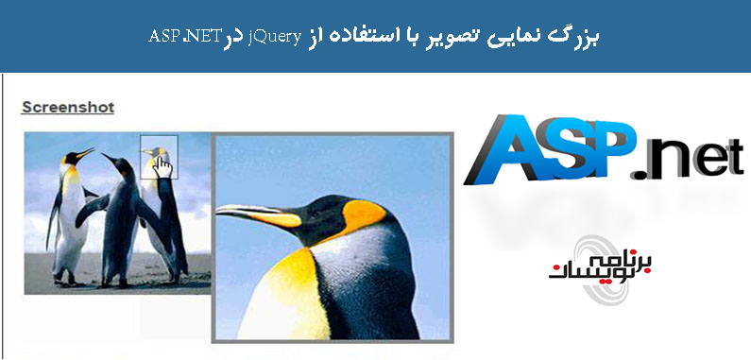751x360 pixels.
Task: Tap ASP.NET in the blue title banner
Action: (x=186, y=36)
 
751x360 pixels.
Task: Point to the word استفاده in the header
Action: (x=364, y=36)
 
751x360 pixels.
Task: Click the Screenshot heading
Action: (x=67, y=107)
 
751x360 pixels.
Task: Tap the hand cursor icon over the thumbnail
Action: (x=162, y=164)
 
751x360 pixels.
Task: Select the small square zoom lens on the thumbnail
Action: (x=159, y=156)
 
